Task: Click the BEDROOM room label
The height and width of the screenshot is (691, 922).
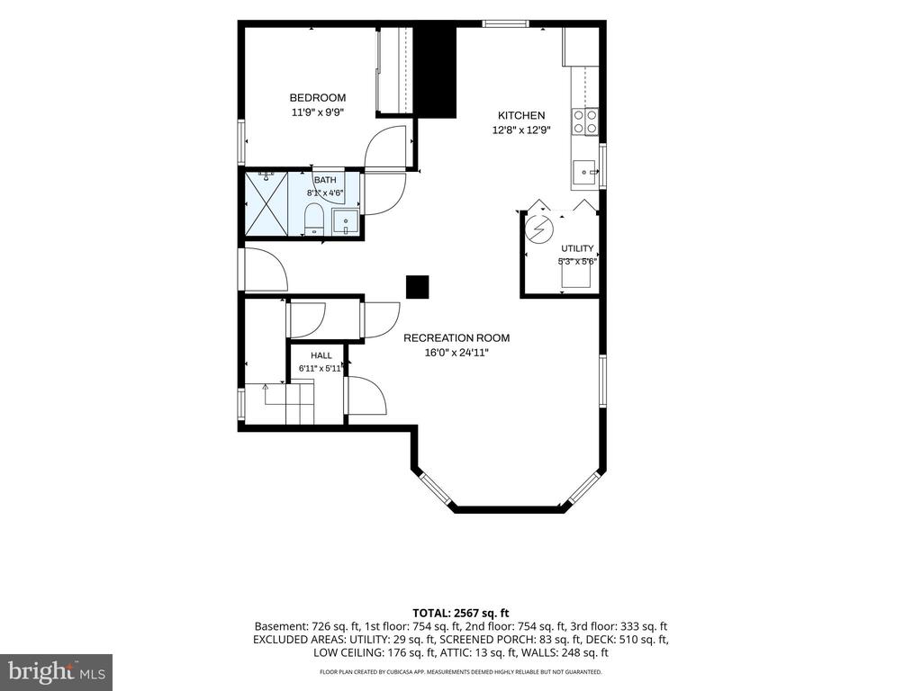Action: click(x=318, y=97)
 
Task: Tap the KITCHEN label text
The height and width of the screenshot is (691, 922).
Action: click(x=521, y=115)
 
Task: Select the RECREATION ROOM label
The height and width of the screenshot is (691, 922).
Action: click(x=456, y=338)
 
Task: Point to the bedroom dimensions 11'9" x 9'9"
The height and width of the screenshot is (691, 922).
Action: click(x=318, y=112)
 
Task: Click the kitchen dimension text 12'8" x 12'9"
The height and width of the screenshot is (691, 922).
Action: click(x=521, y=130)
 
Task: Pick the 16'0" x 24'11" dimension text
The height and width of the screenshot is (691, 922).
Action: click(x=456, y=353)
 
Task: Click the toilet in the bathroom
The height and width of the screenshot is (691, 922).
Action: click(x=314, y=220)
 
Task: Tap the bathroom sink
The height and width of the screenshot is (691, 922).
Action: click(x=346, y=222)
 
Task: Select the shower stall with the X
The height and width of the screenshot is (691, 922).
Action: click(x=267, y=203)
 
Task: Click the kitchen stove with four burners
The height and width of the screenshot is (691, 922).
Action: click(x=585, y=122)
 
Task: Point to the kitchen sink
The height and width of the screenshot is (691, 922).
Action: click(x=585, y=173)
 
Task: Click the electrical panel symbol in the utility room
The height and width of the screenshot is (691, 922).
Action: click(x=538, y=229)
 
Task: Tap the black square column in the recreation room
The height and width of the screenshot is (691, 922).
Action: click(x=418, y=287)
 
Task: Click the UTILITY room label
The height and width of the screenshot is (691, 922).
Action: click(x=577, y=248)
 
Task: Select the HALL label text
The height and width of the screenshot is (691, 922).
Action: click(x=321, y=355)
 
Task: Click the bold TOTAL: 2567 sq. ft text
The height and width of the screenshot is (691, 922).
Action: click(x=460, y=614)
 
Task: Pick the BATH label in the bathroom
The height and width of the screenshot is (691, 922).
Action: click(x=325, y=180)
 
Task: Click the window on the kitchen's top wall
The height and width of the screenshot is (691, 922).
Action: click(x=506, y=23)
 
